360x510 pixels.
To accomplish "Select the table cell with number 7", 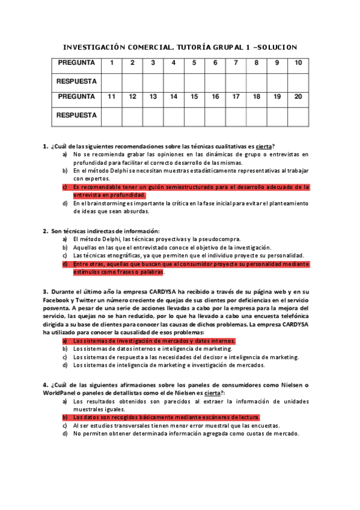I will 236,63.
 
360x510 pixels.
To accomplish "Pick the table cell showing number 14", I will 174,96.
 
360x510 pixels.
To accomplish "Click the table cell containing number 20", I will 298,96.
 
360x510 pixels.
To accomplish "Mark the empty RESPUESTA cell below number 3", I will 153,81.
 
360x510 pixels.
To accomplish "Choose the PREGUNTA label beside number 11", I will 76,96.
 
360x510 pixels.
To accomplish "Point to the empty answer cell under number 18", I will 257,114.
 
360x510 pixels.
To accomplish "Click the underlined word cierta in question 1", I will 264,146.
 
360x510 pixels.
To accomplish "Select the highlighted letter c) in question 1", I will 65,187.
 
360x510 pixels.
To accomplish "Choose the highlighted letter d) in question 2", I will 65,263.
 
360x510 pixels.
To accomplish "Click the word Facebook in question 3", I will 56,299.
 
